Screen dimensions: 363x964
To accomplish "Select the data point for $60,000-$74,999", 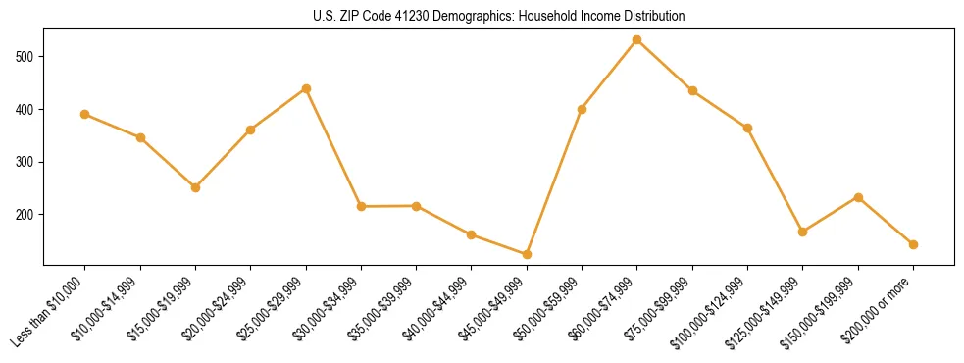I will (x=637, y=40).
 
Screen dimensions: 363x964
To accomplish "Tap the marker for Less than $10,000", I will (x=85, y=114).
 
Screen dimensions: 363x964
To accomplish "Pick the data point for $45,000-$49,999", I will (x=527, y=254).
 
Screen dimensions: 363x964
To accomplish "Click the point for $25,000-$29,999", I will (x=306, y=88).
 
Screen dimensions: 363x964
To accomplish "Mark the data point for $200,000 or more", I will (x=913, y=244).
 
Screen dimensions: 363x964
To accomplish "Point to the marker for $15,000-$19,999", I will (x=195, y=187).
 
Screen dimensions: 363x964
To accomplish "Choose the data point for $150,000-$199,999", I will (x=858, y=197).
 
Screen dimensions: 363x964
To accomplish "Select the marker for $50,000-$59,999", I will (x=582, y=109).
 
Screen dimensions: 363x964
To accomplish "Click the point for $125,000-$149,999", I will (x=802, y=232).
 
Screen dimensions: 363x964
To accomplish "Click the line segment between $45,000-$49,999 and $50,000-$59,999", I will (x=554, y=181).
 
